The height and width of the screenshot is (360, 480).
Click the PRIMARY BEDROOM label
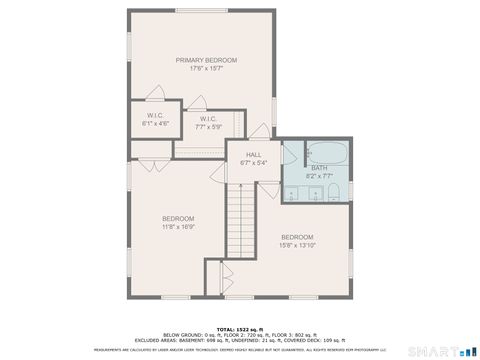coord(199,60)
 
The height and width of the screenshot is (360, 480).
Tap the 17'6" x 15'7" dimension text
coord(199,68)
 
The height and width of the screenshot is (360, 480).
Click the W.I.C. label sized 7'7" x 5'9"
coord(209,120)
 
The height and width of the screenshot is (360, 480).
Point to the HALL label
coord(254,154)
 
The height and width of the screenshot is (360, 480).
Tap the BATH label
coord(318,168)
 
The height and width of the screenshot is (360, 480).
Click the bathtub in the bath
coord(326,154)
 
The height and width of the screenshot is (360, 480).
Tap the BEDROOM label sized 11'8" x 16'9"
coord(178,218)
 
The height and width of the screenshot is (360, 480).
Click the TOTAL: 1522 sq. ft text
coord(239,327)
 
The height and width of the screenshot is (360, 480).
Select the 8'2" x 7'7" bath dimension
coord(318,176)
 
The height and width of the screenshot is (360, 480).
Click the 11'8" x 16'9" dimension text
coord(178,226)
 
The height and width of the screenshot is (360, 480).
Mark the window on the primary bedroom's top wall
coord(199,10)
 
